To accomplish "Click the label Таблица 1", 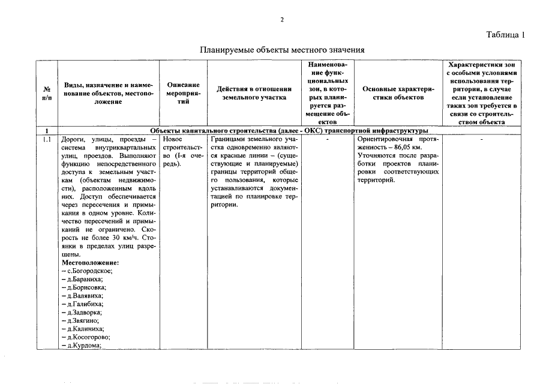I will (505, 35).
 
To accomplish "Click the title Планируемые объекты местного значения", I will (282, 49).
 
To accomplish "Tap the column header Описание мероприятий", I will (183, 93).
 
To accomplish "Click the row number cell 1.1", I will (47, 139).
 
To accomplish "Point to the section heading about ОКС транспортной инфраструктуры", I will (289, 130).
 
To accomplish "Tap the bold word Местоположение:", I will (90, 263).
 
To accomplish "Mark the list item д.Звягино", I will (81, 321).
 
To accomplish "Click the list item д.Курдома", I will (82, 346).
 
